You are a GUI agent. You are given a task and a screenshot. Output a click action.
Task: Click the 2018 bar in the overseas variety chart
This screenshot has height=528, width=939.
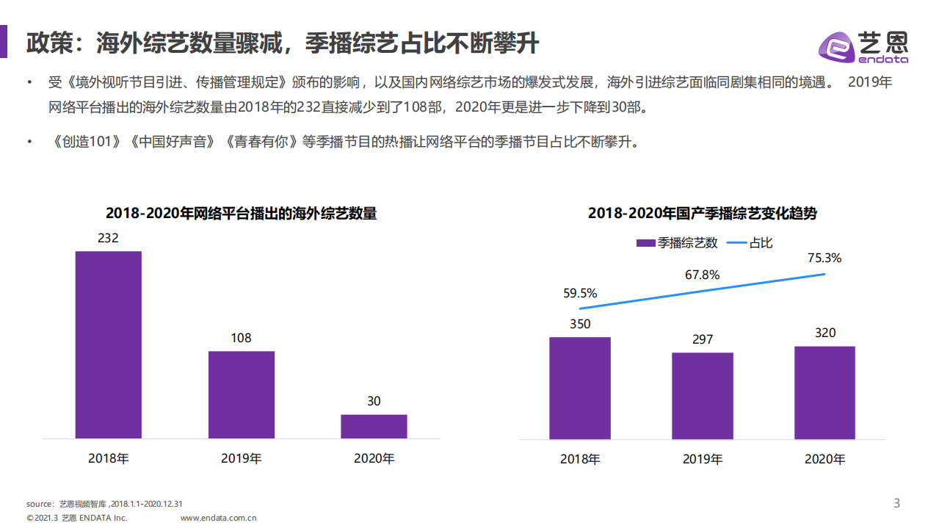(109, 344)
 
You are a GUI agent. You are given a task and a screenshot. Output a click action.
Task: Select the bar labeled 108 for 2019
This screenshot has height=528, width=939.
(241, 394)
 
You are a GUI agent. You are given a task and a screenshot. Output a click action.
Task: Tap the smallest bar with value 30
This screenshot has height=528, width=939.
(374, 426)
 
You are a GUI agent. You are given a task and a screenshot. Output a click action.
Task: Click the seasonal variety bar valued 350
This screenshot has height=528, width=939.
(580, 388)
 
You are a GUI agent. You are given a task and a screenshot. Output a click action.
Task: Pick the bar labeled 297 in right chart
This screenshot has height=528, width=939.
(702, 396)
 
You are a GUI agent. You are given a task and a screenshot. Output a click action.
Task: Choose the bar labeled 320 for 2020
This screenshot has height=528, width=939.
(824, 392)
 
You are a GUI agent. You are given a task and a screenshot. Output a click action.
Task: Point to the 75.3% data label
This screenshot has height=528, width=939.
(824, 258)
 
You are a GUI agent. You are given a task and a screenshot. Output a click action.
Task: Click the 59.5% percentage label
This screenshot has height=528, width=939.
(580, 293)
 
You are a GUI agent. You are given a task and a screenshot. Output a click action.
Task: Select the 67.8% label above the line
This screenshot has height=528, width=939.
(702, 275)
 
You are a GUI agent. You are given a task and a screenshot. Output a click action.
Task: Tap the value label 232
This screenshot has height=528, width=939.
(108, 239)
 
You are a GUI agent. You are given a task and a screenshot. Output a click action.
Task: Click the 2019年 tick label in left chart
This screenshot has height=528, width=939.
(241, 458)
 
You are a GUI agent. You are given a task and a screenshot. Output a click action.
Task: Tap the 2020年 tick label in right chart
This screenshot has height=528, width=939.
(824, 459)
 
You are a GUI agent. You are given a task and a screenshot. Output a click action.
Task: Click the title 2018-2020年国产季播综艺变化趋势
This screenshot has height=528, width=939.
(702, 214)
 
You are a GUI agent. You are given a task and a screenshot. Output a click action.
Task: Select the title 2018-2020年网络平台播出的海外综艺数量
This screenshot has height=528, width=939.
(241, 214)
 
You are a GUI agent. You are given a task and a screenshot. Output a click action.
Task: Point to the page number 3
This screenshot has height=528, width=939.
(896, 503)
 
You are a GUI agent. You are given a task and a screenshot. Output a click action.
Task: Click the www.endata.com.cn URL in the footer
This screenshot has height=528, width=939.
(218, 518)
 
